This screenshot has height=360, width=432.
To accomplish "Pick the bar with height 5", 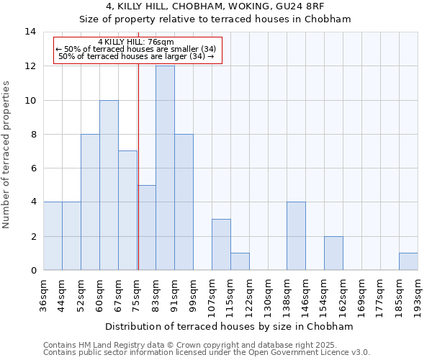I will point(147,228).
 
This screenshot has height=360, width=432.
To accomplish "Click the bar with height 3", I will point(221,245).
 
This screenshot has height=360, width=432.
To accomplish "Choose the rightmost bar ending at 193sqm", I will point(408,262).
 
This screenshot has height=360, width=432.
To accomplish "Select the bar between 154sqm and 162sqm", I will point(333,253).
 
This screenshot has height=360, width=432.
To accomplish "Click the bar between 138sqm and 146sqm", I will point(296,236).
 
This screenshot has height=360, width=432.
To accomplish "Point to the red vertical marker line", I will point(138,180).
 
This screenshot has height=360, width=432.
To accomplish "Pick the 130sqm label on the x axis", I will point(268,294).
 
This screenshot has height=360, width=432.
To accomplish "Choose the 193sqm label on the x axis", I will point(418,294).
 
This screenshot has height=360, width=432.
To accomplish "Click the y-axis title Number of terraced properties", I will point(8,155).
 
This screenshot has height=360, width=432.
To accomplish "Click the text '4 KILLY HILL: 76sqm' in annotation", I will point(136,42).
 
